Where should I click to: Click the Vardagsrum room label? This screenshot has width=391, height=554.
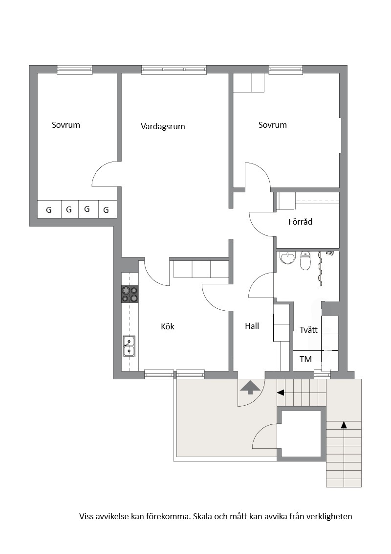[163, 126]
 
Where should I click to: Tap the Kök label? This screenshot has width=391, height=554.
[168, 326]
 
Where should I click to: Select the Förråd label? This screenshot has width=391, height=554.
[300, 222]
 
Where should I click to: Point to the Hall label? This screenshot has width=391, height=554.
[252, 326]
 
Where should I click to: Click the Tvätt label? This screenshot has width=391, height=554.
[308, 330]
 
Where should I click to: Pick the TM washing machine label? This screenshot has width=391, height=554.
[305, 359]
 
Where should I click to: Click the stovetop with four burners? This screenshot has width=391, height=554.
[130, 294]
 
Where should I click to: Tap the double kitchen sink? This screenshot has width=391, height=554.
[129, 346]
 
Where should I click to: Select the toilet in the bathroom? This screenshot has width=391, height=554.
[305, 260]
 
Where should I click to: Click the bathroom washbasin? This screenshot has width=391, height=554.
[287, 257]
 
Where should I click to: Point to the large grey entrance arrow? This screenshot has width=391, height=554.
[250, 387]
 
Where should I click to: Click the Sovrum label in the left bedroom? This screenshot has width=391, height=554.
[66, 125]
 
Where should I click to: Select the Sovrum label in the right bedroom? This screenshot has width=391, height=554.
[272, 125]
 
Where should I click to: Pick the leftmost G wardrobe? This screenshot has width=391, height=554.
[49, 210]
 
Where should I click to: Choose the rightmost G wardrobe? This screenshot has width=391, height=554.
[106, 210]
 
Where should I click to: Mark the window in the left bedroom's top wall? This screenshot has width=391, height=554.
[74, 70]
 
